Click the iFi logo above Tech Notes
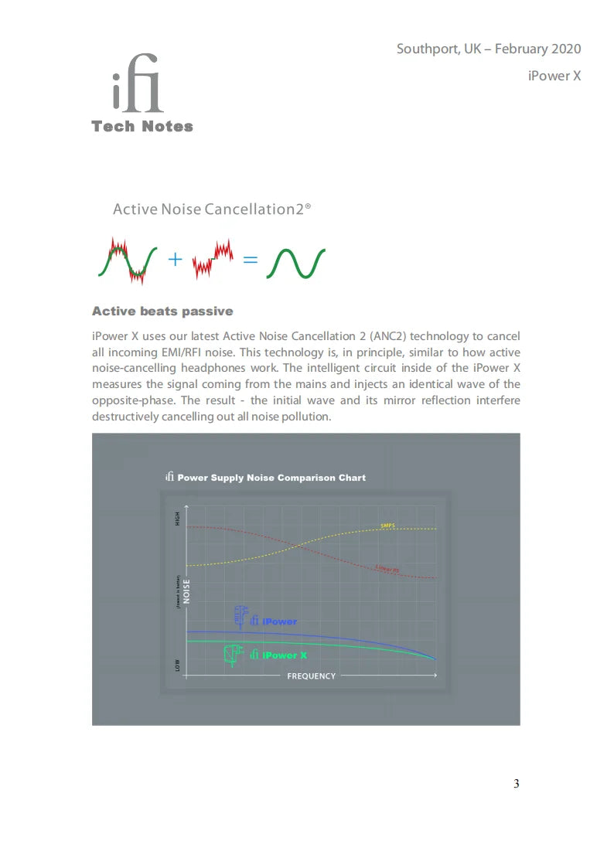click(138, 84)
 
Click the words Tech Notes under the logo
click(142, 127)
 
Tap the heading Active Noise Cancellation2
click(211, 209)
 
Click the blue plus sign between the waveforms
click(176, 260)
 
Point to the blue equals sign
click(250, 260)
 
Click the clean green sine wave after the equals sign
click(295, 263)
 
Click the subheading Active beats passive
click(162, 311)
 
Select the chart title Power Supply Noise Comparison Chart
click(271, 478)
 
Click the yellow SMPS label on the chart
click(387, 526)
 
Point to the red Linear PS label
click(387, 570)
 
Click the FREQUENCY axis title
click(312, 676)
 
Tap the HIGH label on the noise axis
click(177, 519)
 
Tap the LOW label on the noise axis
click(177, 665)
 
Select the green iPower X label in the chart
click(285, 655)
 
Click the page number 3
click(516, 785)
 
